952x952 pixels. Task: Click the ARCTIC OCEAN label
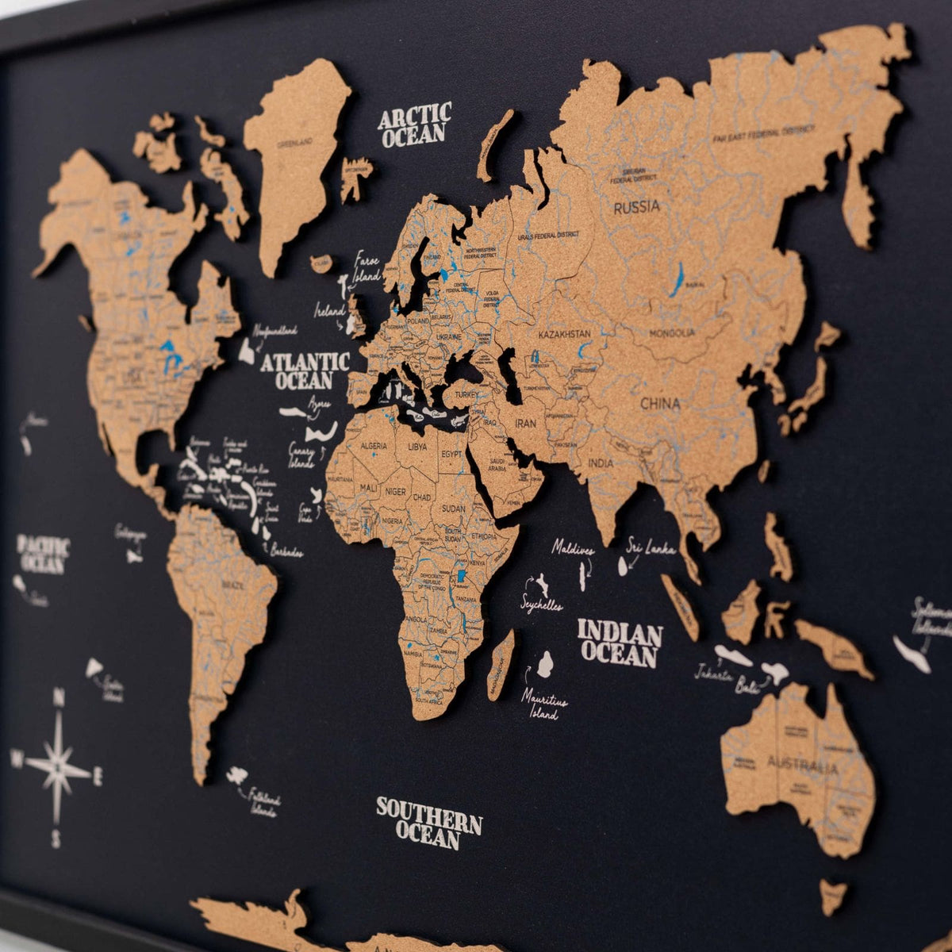(x=414, y=125)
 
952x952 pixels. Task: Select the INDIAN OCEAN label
(x=620, y=643)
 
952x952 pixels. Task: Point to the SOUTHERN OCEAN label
(x=428, y=823)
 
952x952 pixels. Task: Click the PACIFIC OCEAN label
(x=44, y=555)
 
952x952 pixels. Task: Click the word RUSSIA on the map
(x=636, y=207)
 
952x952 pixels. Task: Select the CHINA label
(x=660, y=404)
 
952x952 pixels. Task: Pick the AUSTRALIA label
(x=802, y=766)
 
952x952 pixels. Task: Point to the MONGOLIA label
(x=671, y=334)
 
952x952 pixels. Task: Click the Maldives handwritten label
(x=574, y=547)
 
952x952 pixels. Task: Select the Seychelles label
(x=542, y=604)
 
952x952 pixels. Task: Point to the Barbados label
(x=286, y=551)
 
